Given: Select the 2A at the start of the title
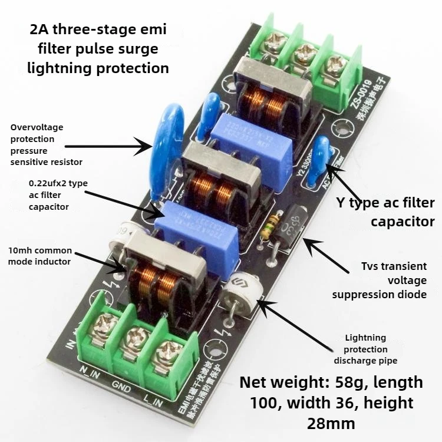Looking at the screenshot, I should click(40, 28).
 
